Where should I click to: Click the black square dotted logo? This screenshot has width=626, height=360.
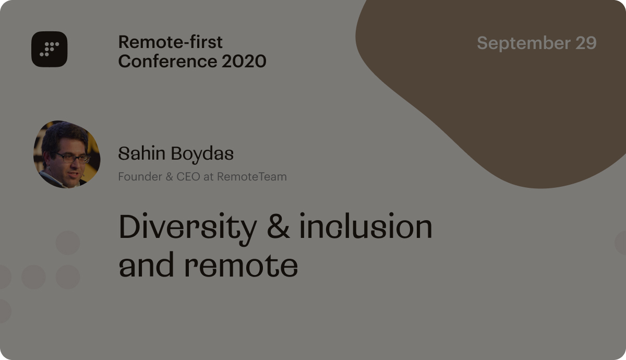tap(49, 49)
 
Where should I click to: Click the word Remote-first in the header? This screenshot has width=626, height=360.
tap(171, 42)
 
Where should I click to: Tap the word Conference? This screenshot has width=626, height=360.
tap(167, 61)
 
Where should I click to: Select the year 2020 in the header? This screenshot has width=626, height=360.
tap(244, 61)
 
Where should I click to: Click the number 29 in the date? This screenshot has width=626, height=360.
tap(586, 43)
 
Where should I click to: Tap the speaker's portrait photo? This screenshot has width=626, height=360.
tap(67, 154)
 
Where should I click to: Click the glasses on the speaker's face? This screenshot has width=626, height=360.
tap(73, 158)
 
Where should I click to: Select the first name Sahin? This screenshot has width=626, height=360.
tap(142, 153)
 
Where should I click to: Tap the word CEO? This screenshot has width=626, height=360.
tap(188, 177)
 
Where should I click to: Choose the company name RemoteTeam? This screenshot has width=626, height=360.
tap(252, 177)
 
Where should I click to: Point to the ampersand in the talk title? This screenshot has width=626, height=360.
tap(278, 226)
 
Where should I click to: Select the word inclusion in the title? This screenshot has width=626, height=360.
tap(366, 226)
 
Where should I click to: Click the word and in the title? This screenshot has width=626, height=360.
tap(147, 264)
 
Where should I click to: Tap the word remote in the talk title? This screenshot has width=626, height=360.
tap(241, 266)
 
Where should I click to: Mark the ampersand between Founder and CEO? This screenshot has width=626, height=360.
tap(169, 177)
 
